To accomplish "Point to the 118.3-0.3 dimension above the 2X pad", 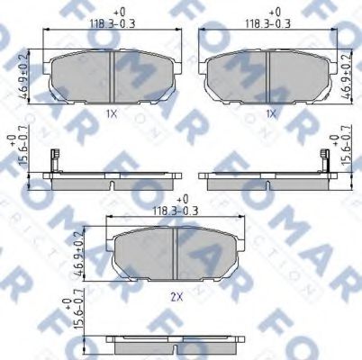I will pyautogui.click(x=176, y=209).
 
